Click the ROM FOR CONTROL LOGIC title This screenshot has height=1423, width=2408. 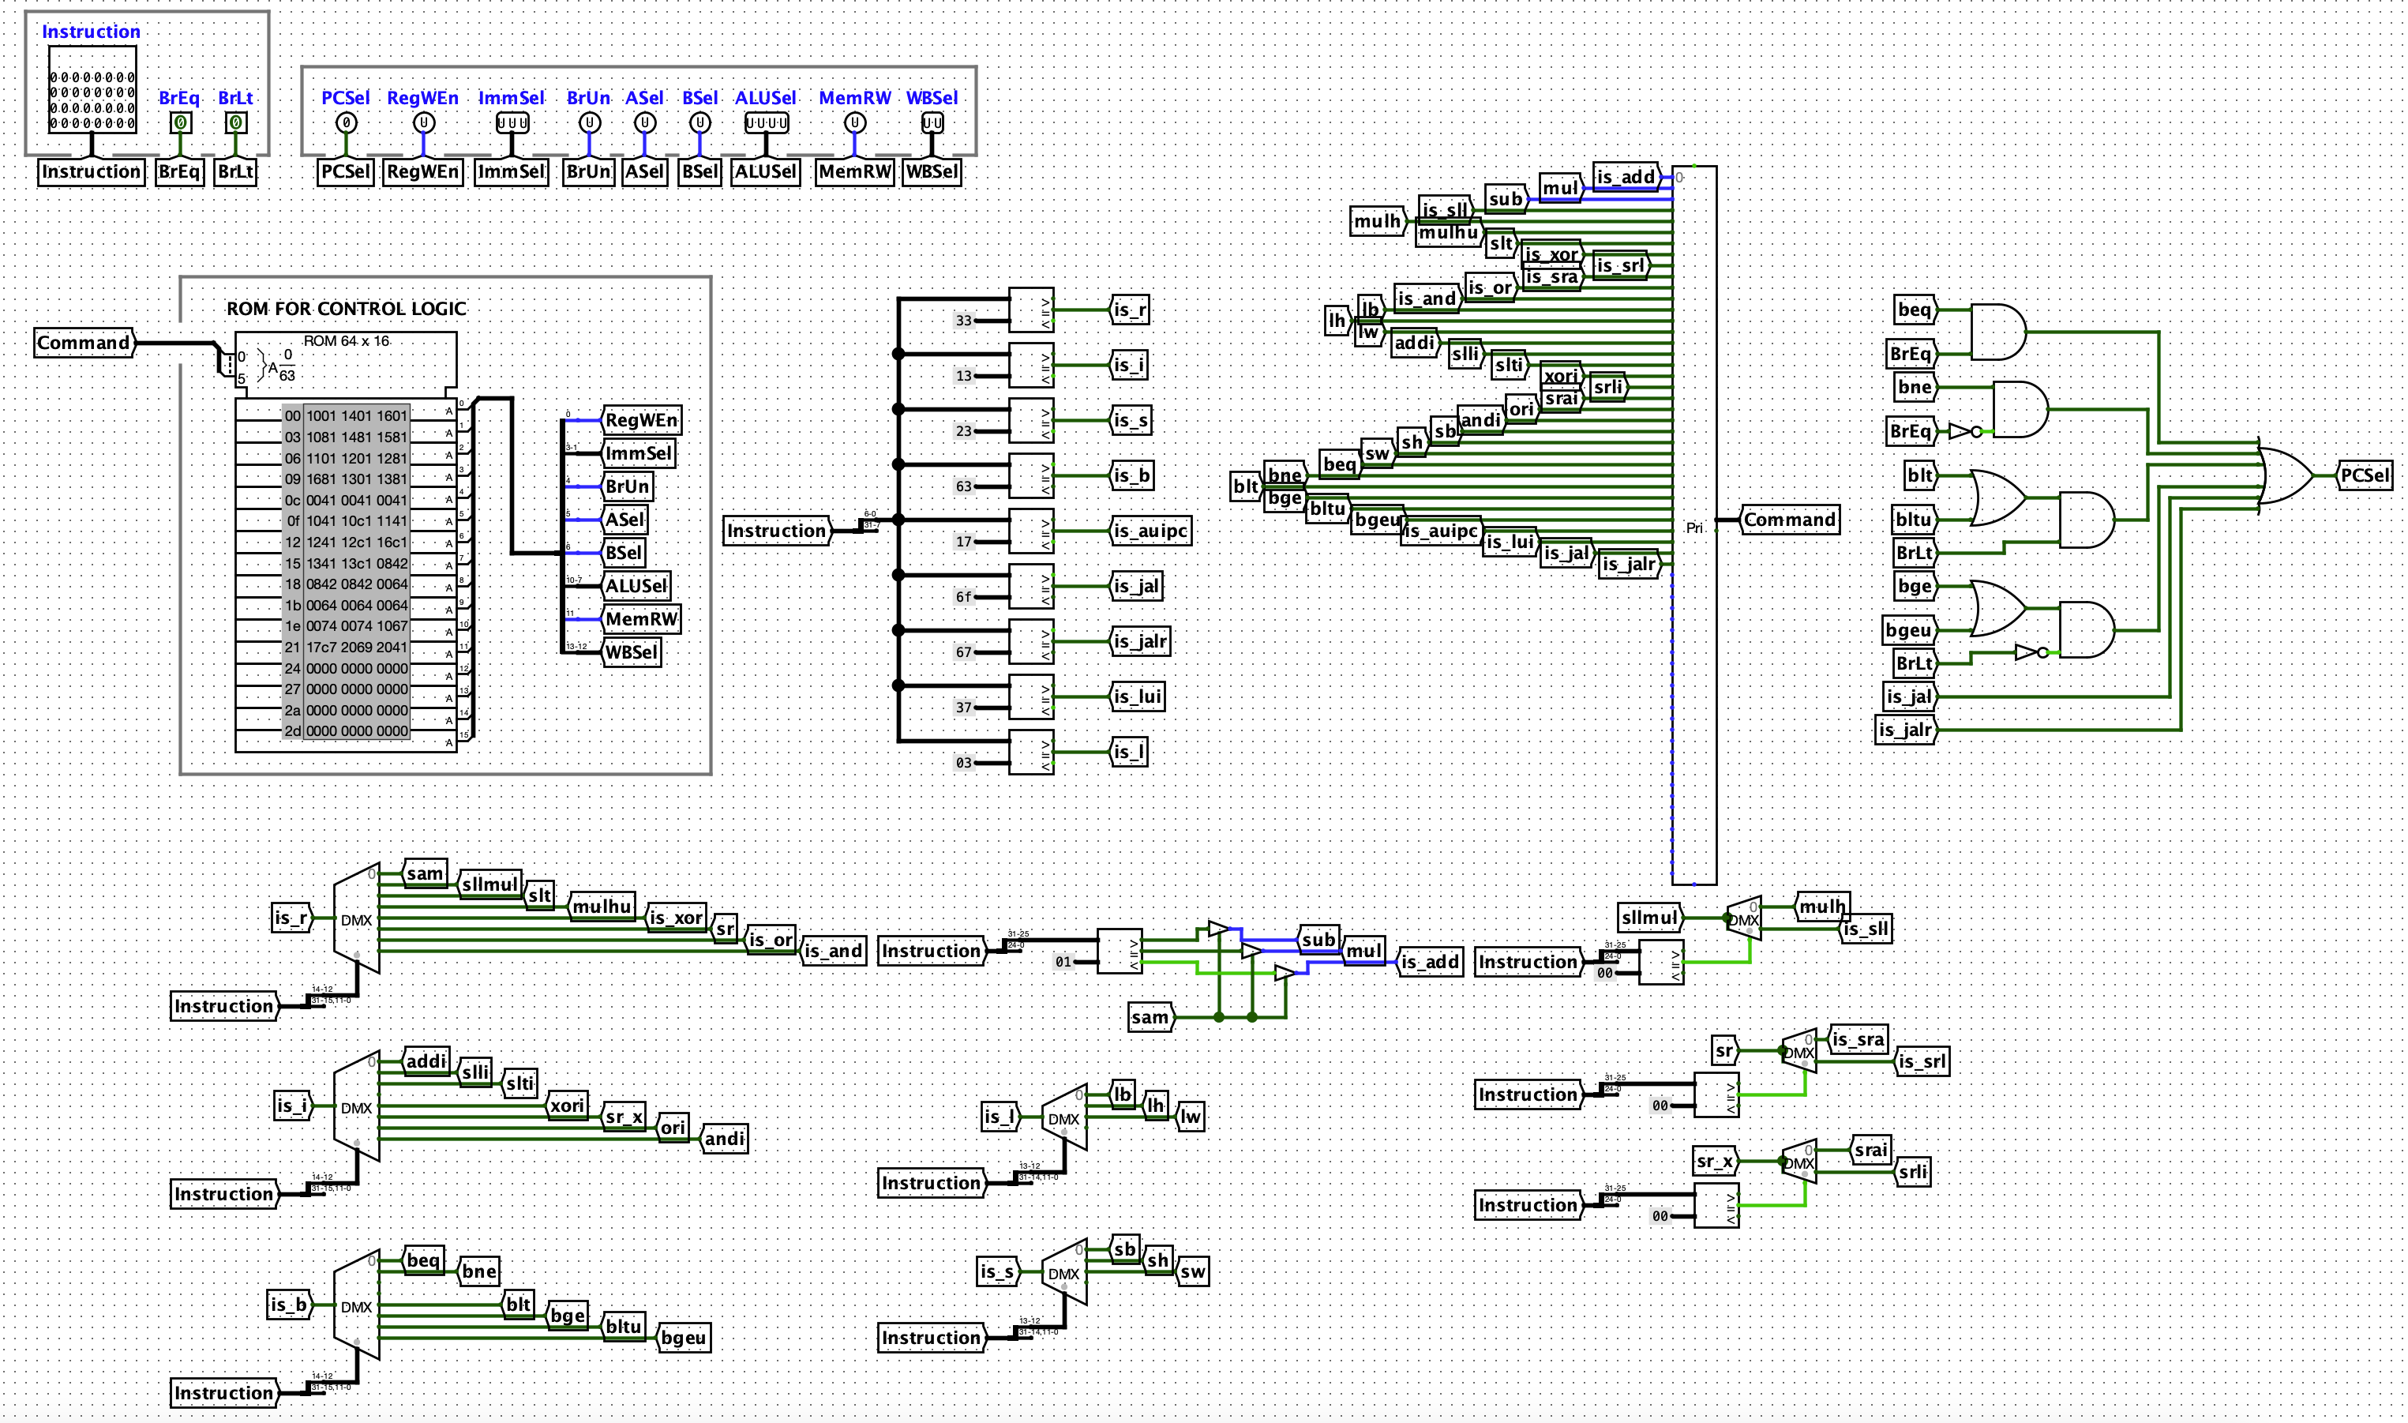(x=346, y=309)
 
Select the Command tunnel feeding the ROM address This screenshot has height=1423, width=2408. (x=84, y=344)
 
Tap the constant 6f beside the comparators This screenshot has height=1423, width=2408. (x=963, y=597)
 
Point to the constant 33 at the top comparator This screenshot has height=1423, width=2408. (x=963, y=321)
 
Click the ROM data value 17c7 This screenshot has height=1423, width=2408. (x=321, y=648)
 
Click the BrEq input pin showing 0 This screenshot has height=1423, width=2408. (x=180, y=122)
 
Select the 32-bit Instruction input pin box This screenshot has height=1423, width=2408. (x=92, y=99)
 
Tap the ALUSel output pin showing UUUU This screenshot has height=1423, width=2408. (x=766, y=122)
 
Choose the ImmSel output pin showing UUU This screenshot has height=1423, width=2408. (x=512, y=122)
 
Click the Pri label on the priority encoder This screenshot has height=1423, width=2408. (x=1693, y=528)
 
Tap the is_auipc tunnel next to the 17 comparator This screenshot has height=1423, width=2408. (x=1150, y=531)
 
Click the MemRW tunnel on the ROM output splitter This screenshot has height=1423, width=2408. (x=641, y=619)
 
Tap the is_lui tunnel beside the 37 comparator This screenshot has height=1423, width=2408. (x=1138, y=697)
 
